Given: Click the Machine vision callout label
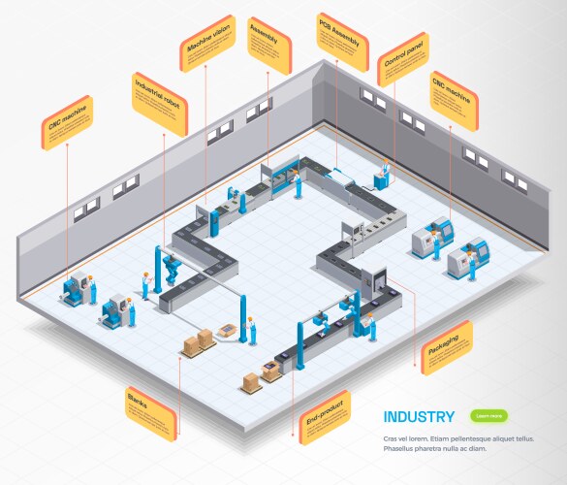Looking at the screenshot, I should tap(206, 43).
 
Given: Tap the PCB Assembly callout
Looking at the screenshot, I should tap(343, 42).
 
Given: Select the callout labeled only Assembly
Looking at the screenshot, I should tap(269, 44).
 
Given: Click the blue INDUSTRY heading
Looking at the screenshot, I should tap(418, 417).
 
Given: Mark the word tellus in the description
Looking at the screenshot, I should tap(524, 438).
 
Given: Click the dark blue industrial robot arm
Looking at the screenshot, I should tap(171, 267).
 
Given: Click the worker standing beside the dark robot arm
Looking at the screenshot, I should tap(146, 284).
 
